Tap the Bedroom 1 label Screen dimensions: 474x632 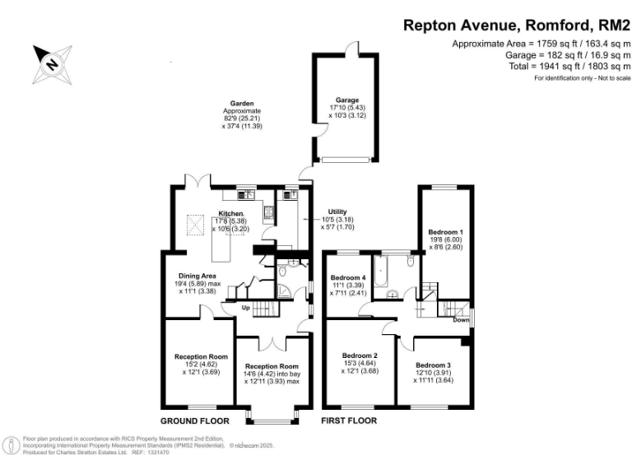[x=444, y=232]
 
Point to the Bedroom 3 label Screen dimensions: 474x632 [x=434, y=365]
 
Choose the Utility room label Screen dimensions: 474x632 [x=337, y=211]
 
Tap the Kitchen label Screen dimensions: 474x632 [x=231, y=213]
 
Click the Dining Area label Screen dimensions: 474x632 [x=197, y=275]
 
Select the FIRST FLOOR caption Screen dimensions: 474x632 [x=349, y=420]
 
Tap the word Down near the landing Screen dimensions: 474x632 [x=461, y=320]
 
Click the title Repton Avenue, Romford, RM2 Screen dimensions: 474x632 [x=516, y=25]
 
